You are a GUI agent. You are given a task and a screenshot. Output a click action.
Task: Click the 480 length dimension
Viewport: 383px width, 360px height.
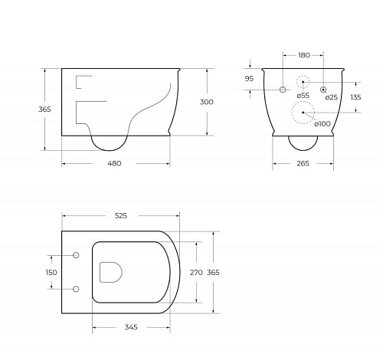(x=114, y=163)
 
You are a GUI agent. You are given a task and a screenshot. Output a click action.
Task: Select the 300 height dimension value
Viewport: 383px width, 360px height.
(x=207, y=102)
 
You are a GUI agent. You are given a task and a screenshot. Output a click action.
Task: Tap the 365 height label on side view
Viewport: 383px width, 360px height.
(x=44, y=110)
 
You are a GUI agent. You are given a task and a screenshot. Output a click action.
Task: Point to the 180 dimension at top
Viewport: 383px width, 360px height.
(x=304, y=55)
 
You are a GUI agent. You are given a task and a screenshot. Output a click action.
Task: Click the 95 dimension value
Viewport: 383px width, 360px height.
(x=249, y=79)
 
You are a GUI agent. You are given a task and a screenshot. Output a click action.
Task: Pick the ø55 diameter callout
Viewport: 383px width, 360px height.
(x=303, y=96)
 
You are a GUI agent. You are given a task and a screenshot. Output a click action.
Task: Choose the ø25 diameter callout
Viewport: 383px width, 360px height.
(x=332, y=97)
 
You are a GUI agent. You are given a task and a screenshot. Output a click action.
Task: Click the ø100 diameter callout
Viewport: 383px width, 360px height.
(x=322, y=124)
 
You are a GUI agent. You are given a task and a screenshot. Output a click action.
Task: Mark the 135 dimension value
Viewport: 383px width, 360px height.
(x=355, y=97)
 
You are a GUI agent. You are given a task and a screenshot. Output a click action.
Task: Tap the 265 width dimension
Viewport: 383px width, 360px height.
(x=303, y=163)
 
